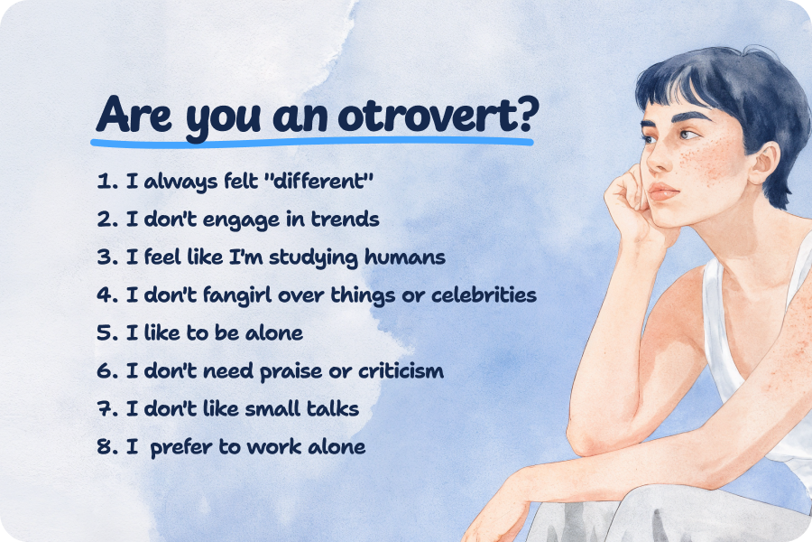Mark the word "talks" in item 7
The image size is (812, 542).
[x=331, y=408]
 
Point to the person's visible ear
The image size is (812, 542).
[x=766, y=163]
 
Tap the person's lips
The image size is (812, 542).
[x=661, y=192]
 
